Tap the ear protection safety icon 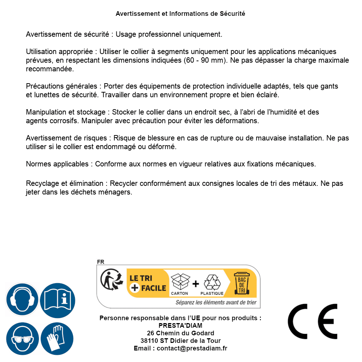tap(22, 300)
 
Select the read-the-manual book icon tap(58, 300)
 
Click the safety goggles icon tap(22, 339)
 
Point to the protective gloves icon tap(57, 339)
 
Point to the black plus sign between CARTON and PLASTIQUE tap(196, 284)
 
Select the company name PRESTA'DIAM tap(180, 326)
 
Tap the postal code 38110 tap(148, 341)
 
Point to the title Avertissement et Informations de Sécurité tap(180, 14)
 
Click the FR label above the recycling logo tap(100, 262)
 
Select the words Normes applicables tap(57, 164)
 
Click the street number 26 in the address tap(151, 333)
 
